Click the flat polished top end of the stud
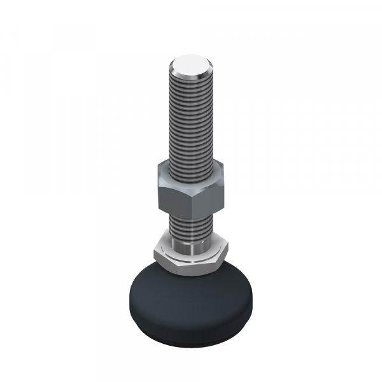[x=191, y=64]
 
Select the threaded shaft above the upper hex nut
[x=191, y=121]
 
